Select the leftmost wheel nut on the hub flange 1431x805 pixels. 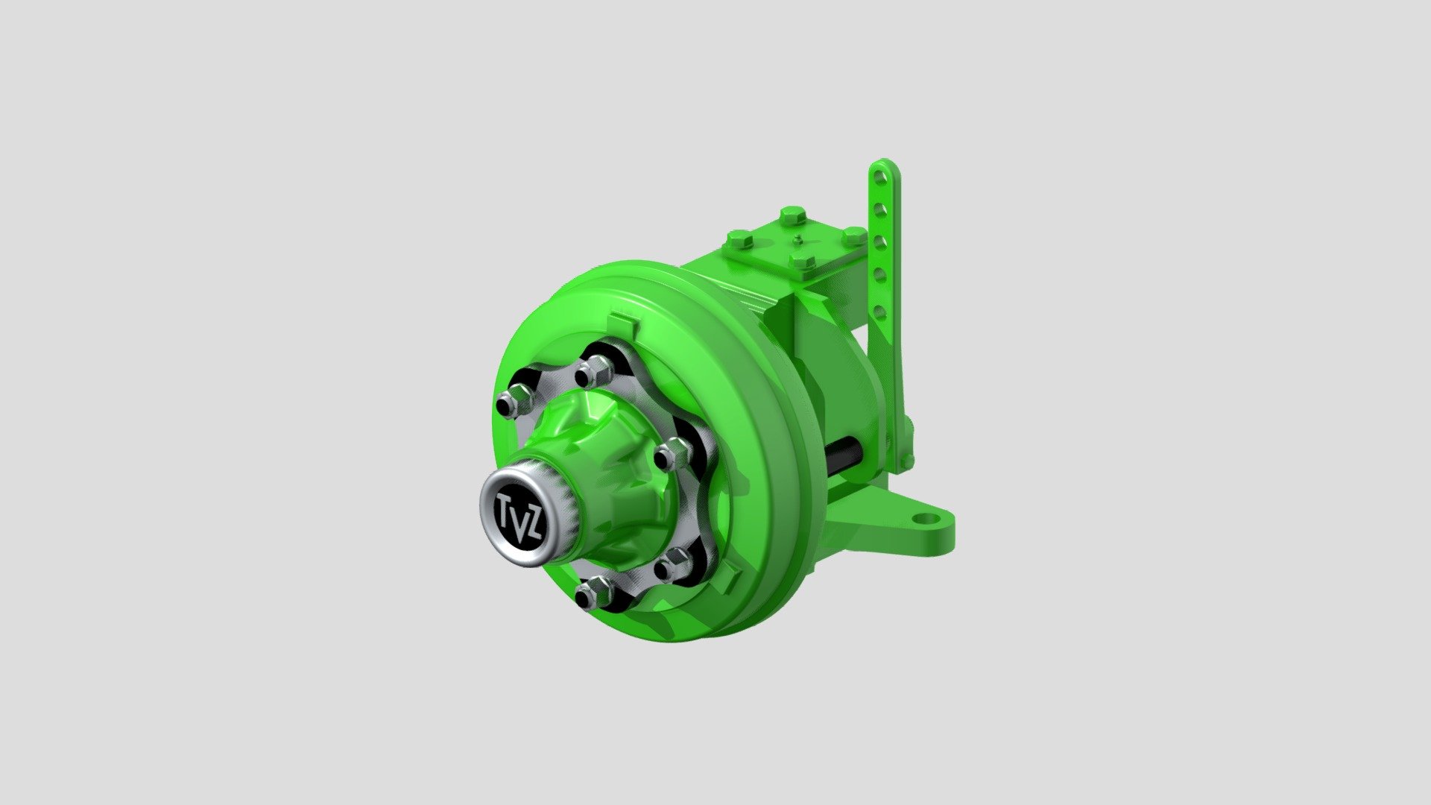coord(511,403)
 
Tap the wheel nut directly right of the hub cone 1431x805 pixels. coord(673,453)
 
